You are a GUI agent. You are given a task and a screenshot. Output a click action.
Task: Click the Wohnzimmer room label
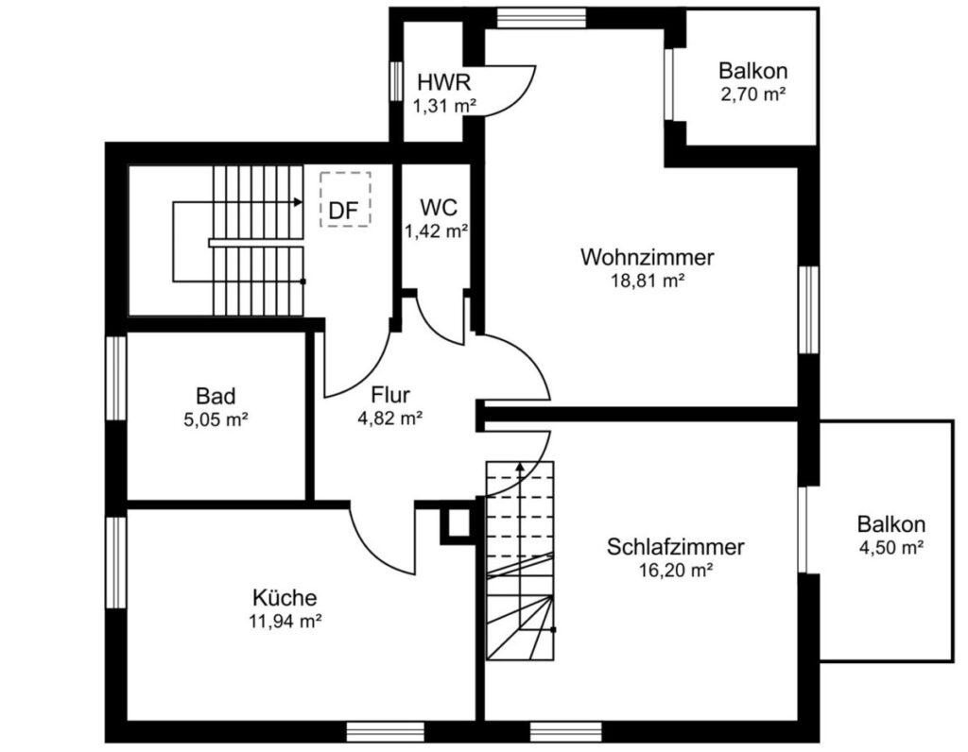pos(647,257)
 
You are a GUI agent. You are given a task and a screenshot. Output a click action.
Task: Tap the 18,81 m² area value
pos(648,282)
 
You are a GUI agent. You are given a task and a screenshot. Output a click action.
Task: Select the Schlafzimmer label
pos(675,547)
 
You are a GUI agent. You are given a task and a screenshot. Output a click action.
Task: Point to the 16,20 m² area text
pos(675,571)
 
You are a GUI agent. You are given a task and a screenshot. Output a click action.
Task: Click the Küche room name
pos(285,597)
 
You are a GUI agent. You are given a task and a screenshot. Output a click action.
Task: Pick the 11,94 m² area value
pos(285,622)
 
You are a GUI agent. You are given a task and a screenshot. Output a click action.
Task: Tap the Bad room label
pos(216,396)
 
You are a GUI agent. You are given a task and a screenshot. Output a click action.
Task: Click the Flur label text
pos(390,394)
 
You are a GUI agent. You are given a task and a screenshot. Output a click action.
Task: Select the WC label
pos(439,207)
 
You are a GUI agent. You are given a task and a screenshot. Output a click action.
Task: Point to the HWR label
pos(444,82)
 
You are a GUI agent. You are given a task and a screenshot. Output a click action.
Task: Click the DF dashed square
pos(345,199)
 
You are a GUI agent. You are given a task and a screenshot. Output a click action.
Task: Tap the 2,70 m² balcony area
pos(752,94)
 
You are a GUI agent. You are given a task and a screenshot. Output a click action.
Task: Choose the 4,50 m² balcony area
pos(890,548)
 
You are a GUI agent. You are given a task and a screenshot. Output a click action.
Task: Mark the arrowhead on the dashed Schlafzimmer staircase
pos(521,466)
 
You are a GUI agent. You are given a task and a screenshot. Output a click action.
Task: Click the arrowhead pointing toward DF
pos(298,202)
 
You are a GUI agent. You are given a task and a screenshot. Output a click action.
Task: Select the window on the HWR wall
pos(396,81)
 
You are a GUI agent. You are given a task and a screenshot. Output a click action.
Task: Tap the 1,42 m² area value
pos(436,232)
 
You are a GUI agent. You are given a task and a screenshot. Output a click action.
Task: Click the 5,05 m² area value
pos(216,420)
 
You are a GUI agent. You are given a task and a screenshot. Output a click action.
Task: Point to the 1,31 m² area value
pos(444,106)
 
